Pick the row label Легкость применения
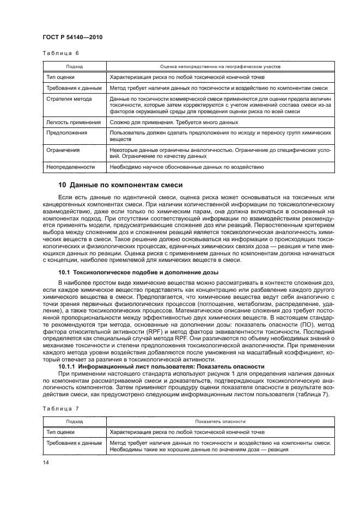(74, 122)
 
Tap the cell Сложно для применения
(139, 122)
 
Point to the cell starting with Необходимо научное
(186, 167)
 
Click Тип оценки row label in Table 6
(62, 77)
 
